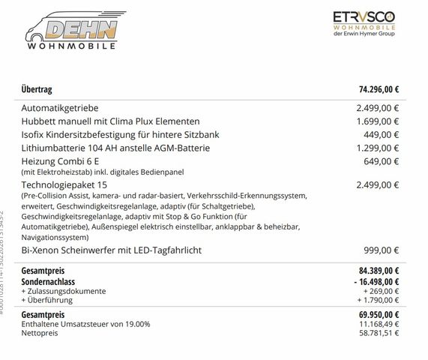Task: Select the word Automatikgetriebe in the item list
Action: (x=65, y=108)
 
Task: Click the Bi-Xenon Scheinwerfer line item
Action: (x=123, y=249)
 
